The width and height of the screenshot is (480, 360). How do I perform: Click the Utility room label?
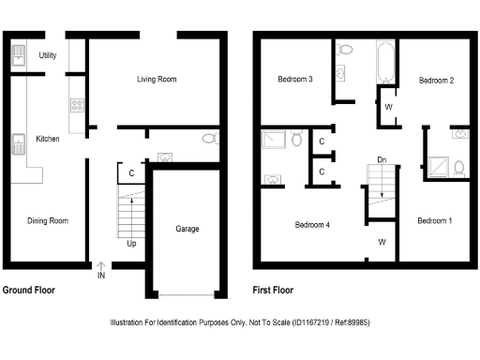coord(48,55)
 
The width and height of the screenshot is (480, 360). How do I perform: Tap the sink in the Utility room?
coord(19,58)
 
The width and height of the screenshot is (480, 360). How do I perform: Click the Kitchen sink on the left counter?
coord(17,143)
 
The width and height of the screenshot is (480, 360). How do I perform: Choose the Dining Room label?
coord(47,221)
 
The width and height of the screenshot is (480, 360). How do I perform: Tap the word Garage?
coord(187,228)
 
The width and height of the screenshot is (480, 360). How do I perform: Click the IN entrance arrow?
coord(101,270)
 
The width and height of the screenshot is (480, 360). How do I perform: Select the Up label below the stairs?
coord(132,243)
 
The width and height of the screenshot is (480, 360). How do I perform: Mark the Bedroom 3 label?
coord(295,80)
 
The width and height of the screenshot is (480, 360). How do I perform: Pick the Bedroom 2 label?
coord(436,81)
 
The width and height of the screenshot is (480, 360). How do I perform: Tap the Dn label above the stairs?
coord(382,160)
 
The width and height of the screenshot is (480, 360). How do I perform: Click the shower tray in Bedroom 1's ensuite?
coord(437,163)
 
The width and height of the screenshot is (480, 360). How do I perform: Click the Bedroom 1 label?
coord(434,220)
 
